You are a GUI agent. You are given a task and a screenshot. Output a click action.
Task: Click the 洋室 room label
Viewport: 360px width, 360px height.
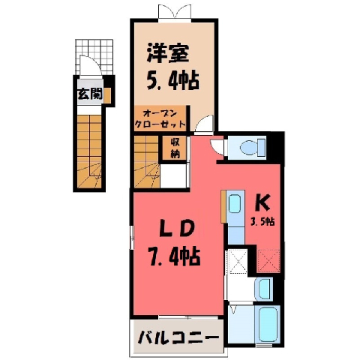168,53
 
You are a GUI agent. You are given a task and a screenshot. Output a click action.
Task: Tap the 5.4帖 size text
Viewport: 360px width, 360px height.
172,80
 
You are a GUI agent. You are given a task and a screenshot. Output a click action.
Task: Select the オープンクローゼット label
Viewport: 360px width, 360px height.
160,119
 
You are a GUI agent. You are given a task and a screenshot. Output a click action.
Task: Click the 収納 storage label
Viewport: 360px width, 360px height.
175,148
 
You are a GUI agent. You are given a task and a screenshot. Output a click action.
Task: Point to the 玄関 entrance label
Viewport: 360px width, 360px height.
90,94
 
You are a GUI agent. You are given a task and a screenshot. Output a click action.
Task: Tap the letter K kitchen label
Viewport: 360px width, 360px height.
262,203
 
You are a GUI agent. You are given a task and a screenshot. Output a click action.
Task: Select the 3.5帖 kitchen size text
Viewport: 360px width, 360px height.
263,221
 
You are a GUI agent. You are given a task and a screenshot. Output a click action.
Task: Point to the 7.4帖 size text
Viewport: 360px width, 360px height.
174,256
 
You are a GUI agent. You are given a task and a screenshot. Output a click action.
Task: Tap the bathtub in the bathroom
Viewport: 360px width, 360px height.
268,324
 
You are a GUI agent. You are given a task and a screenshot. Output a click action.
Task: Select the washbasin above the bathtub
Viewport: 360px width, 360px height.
264,289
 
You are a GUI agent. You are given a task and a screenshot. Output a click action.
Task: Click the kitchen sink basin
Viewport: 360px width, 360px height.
235,205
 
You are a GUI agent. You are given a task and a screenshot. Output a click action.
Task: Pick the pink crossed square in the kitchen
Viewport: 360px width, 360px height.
268,261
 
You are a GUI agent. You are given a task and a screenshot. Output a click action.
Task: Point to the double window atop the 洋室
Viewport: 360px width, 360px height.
175,12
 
